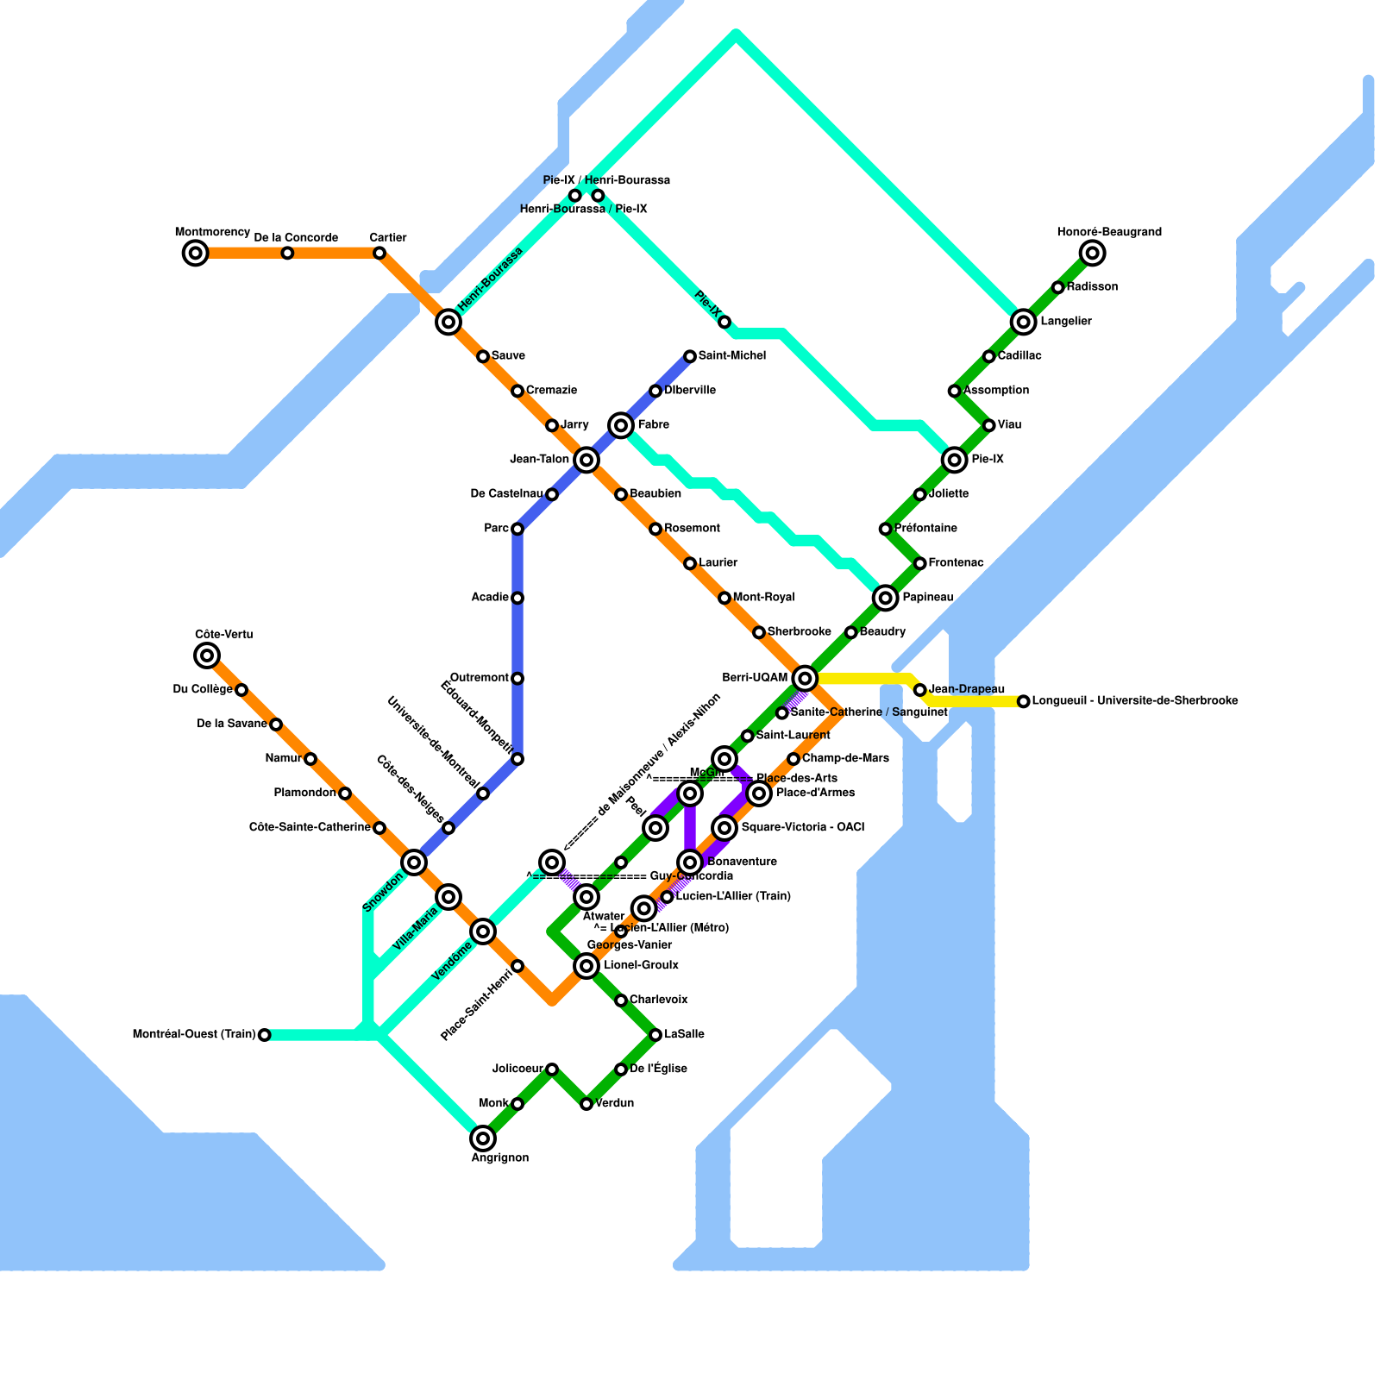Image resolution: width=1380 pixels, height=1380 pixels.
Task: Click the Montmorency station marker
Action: (196, 253)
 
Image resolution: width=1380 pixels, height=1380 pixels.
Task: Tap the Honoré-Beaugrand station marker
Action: (1093, 253)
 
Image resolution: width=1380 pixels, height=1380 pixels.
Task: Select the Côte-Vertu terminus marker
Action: (207, 655)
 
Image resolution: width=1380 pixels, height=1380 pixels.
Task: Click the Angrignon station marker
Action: (483, 1138)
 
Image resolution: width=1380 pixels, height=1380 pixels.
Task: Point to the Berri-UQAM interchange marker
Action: (805, 678)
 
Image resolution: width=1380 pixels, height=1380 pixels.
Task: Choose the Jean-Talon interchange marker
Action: (586, 460)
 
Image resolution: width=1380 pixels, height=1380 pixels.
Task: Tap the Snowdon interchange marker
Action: (414, 862)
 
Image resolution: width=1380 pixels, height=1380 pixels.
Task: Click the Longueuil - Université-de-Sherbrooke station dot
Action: (1023, 701)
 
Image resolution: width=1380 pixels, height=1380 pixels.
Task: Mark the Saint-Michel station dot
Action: (690, 356)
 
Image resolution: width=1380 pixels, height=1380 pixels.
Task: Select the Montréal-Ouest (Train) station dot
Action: (265, 1035)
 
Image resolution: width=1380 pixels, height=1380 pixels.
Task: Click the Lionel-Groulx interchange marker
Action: (586, 965)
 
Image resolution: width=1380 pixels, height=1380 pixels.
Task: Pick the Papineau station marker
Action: (885, 597)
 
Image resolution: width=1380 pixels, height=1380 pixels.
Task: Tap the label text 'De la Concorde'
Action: (296, 237)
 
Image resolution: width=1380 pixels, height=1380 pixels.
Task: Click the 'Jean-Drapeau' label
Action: (967, 689)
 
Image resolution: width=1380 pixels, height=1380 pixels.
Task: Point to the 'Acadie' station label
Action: (490, 598)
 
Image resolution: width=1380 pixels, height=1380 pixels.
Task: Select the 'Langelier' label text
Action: (1066, 322)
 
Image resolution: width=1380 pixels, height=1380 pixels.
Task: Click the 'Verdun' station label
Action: (615, 1103)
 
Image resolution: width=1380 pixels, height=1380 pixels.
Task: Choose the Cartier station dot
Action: (379, 253)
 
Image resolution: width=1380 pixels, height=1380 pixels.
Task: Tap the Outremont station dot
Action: (517, 679)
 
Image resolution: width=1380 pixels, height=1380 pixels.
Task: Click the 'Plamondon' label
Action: (304, 793)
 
